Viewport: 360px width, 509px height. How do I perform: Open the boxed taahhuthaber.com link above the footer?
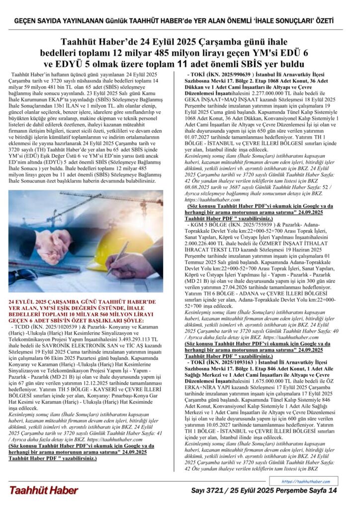pyautogui.click(x=305, y=481)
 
